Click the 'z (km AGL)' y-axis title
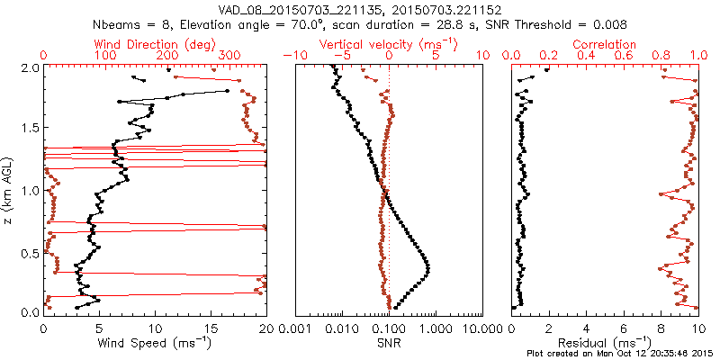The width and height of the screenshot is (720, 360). pyautogui.click(x=9, y=189)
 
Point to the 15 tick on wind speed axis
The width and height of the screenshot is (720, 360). pyautogui.click(x=211, y=327)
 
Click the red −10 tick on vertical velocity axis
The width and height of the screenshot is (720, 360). pyautogui.click(x=292, y=56)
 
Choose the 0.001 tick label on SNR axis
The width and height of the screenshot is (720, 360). pyautogui.click(x=296, y=327)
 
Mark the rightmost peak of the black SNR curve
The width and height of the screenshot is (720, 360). pyautogui.click(x=427, y=266)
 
